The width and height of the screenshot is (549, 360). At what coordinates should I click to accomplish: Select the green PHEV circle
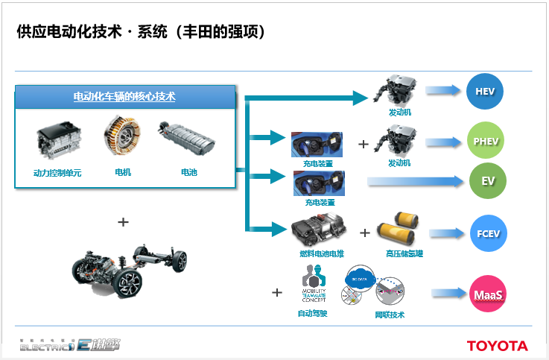tap(485, 142)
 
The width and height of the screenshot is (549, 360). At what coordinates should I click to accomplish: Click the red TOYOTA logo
tap(497, 346)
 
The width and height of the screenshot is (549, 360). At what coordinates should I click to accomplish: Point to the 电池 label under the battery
tap(189, 172)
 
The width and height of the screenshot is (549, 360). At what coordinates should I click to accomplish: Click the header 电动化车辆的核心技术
tap(124, 96)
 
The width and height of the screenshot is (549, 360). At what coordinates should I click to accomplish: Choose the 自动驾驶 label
tap(312, 312)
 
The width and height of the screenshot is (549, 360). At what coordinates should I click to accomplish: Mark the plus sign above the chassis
tap(124, 221)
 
